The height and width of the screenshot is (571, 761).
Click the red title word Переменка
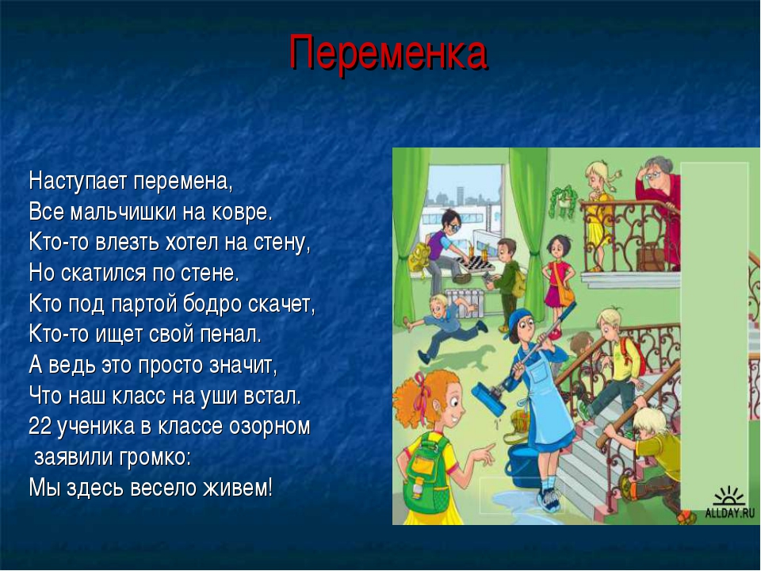coord(388,53)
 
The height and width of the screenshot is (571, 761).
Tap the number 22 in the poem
coord(40,427)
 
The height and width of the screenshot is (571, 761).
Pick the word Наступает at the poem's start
coord(78,182)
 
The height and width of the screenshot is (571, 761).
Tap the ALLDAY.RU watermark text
coord(730,513)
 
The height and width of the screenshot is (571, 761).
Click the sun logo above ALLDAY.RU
coord(728,496)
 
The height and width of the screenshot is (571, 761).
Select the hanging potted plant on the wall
coord(563,201)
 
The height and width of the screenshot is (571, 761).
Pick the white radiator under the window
coord(463,303)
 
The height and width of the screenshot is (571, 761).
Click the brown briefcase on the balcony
coord(649,259)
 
